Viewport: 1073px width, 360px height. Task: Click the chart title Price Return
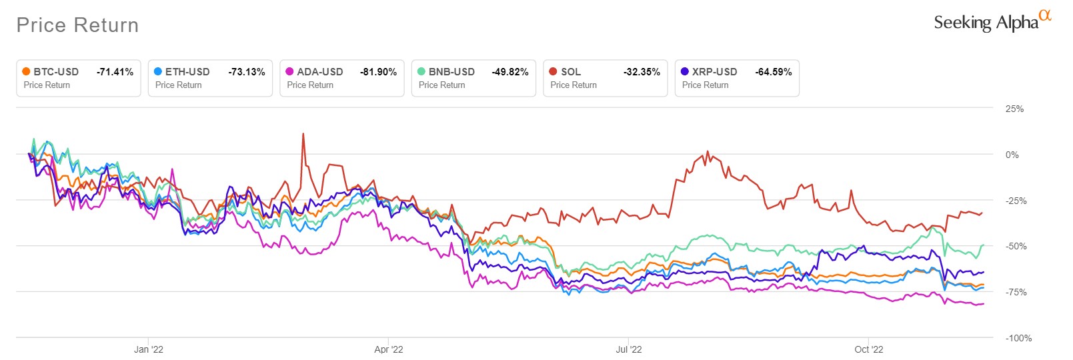(x=77, y=25)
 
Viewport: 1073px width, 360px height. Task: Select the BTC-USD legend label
(x=56, y=72)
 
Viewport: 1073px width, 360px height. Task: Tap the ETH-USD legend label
(x=187, y=72)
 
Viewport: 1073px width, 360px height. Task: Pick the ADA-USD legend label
(x=320, y=72)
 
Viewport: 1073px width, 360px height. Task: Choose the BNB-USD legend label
(x=451, y=72)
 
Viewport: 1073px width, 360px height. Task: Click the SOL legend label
(x=571, y=72)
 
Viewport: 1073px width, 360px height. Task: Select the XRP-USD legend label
(x=714, y=72)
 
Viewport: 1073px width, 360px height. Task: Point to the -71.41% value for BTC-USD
(x=115, y=72)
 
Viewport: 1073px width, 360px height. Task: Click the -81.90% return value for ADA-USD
(x=378, y=72)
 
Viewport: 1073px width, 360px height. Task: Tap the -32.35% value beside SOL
(x=642, y=72)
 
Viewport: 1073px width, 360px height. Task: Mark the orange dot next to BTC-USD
(x=26, y=71)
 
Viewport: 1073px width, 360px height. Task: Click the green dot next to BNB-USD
(x=421, y=71)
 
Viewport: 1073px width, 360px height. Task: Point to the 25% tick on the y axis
(x=1014, y=109)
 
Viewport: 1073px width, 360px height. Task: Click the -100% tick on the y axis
(x=1018, y=338)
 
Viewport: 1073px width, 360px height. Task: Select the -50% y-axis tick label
(x=1016, y=246)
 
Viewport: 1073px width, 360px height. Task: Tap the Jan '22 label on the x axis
(x=148, y=349)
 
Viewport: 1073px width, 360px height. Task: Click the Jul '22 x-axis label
(x=629, y=349)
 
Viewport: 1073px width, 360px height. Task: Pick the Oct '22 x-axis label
(x=869, y=349)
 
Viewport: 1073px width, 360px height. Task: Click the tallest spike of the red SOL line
(x=303, y=134)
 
